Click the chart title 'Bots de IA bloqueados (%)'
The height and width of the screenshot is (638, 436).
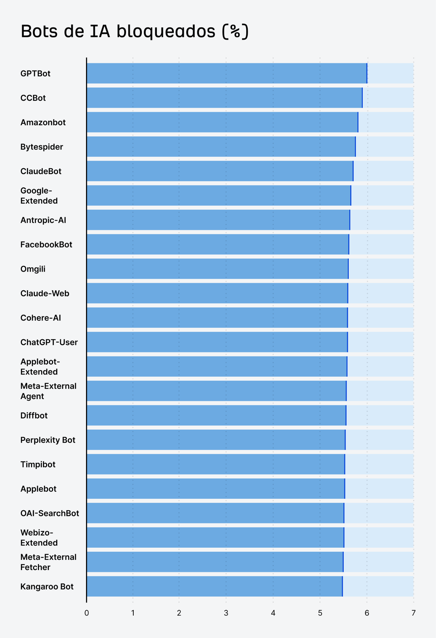click(x=135, y=31)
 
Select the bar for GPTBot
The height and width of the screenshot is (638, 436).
click(x=227, y=73)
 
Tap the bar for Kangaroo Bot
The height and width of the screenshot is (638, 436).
click(x=214, y=586)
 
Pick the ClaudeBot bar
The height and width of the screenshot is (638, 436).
click(x=220, y=171)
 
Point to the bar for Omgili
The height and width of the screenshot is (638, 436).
click(x=217, y=269)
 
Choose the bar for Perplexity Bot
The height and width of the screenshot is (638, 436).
click(x=216, y=440)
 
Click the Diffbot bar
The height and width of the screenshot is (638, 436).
click(x=216, y=415)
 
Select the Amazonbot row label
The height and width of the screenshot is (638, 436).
click(x=43, y=122)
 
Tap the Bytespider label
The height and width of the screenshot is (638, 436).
click(x=42, y=147)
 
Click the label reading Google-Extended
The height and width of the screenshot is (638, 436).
click(x=39, y=196)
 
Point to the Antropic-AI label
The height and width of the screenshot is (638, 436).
click(x=43, y=220)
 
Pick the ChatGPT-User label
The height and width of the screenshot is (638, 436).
click(x=49, y=342)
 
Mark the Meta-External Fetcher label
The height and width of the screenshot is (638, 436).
click(x=48, y=562)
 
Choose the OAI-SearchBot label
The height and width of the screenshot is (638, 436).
click(x=50, y=513)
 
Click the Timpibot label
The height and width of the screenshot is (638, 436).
click(x=38, y=464)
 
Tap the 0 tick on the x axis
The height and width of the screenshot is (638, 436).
click(x=86, y=613)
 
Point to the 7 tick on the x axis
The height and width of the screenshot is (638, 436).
click(x=414, y=613)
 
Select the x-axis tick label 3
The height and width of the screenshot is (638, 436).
click(x=226, y=613)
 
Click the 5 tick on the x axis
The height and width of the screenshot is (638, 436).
click(x=320, y=613)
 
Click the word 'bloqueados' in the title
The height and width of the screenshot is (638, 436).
click(x=166, y=31)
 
